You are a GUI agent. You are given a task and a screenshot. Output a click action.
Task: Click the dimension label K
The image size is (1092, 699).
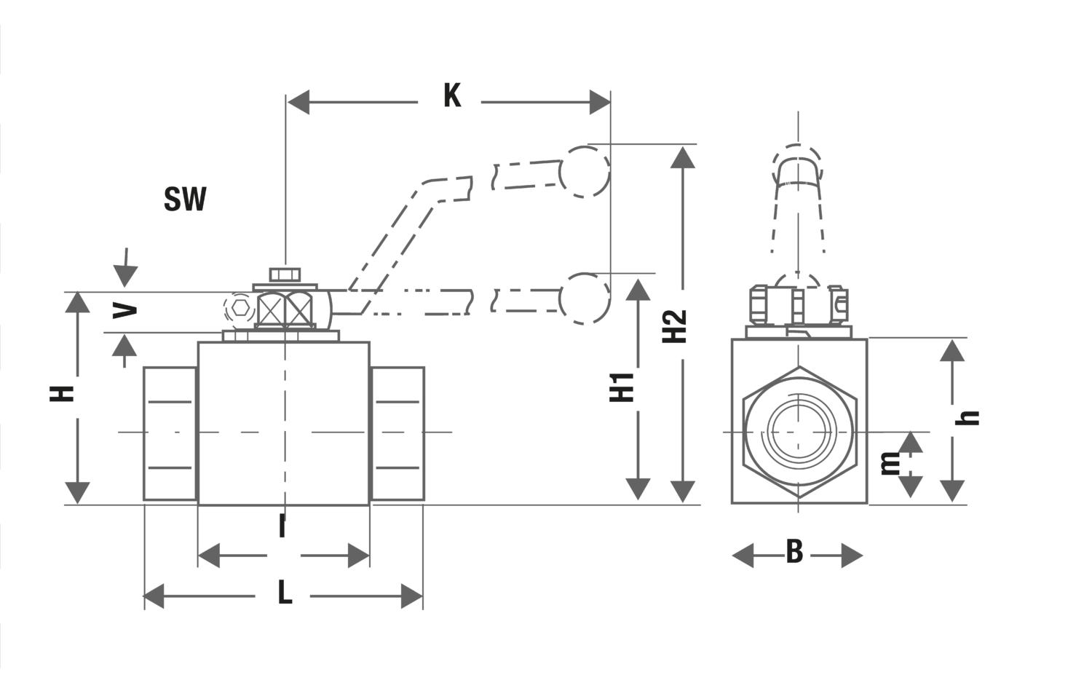[452, 95]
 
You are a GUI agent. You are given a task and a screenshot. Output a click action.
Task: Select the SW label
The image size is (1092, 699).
[185, 199]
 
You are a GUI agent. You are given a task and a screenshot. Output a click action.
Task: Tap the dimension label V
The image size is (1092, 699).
[126, 311]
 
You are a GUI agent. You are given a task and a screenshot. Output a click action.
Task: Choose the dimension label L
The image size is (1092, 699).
[285, 594]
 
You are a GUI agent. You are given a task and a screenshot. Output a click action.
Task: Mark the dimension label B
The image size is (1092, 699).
[794, 553]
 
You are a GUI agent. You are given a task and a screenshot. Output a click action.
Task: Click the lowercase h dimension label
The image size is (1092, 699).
[970, 417]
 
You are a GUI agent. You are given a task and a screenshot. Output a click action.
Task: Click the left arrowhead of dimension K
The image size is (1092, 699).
[298, 103]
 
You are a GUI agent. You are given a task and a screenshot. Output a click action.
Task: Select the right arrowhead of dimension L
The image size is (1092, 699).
[412, 597]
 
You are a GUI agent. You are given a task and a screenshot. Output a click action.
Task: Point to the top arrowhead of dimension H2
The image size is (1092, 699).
[682, 157]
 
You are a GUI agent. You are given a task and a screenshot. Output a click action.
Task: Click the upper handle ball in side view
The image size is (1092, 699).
[585, 172]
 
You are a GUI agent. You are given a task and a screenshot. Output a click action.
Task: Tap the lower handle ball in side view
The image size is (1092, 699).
[586, 299]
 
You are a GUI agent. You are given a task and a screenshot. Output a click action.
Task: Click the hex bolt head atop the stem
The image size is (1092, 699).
[285, 275]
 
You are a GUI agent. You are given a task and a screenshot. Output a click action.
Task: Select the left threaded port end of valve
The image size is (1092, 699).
[170, 433]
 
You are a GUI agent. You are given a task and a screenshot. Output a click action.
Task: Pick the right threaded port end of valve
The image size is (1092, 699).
[397, 433]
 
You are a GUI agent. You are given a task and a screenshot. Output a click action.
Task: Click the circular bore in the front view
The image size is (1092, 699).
[799, 432]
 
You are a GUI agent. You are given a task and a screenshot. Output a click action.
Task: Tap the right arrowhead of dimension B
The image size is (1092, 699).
[852, 556]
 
